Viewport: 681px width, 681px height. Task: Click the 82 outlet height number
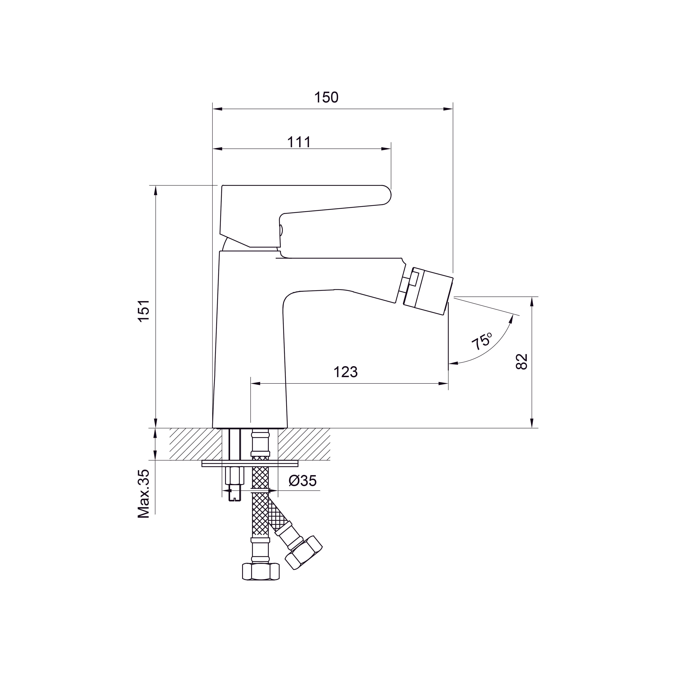coord(522,361)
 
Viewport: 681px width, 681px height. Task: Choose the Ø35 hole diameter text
coord(302,481)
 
